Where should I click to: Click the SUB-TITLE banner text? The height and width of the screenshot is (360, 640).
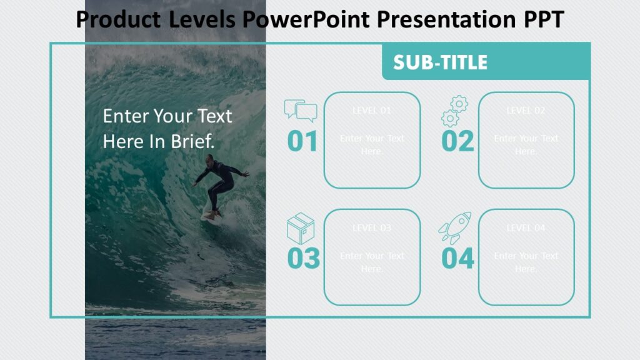[x=440, y=62]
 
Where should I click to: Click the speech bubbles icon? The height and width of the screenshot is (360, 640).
[x=301, y=111]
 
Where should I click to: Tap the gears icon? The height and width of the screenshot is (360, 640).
[x=454, y=111]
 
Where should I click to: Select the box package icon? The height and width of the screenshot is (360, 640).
[x=301, y=228]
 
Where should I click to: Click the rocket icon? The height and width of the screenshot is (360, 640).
[x=454, y=227]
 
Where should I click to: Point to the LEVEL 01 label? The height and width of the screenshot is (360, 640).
[x=372, y=111]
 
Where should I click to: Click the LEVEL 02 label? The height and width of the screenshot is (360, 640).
[x=526, y=111]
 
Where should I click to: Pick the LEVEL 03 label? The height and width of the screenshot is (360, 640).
[x=372, y=228]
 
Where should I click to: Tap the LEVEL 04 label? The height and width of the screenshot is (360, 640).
[x=526, y=228]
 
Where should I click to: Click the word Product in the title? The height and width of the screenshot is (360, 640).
[x=119, y=20]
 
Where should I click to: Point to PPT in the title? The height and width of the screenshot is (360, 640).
[x=542, y=20]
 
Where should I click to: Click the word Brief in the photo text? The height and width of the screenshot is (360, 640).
[x=193, y=141]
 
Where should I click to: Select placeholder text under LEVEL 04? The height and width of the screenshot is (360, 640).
[x=526, y=262]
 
